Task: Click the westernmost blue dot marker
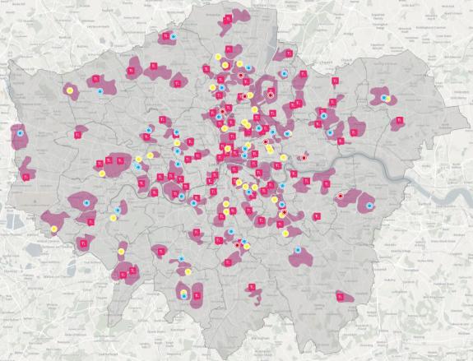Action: coord(20,132)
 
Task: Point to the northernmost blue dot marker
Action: coord(173,36)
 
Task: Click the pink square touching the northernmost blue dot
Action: coord(165,37)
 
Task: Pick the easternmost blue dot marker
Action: coord(384,98)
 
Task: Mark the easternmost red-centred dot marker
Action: coord(340,196)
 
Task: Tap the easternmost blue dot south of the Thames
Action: coord(369,205)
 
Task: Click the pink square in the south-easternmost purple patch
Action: coord(336,295)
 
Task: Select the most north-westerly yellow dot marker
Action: coord(69,89)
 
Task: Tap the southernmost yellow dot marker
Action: coord(184,294)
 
